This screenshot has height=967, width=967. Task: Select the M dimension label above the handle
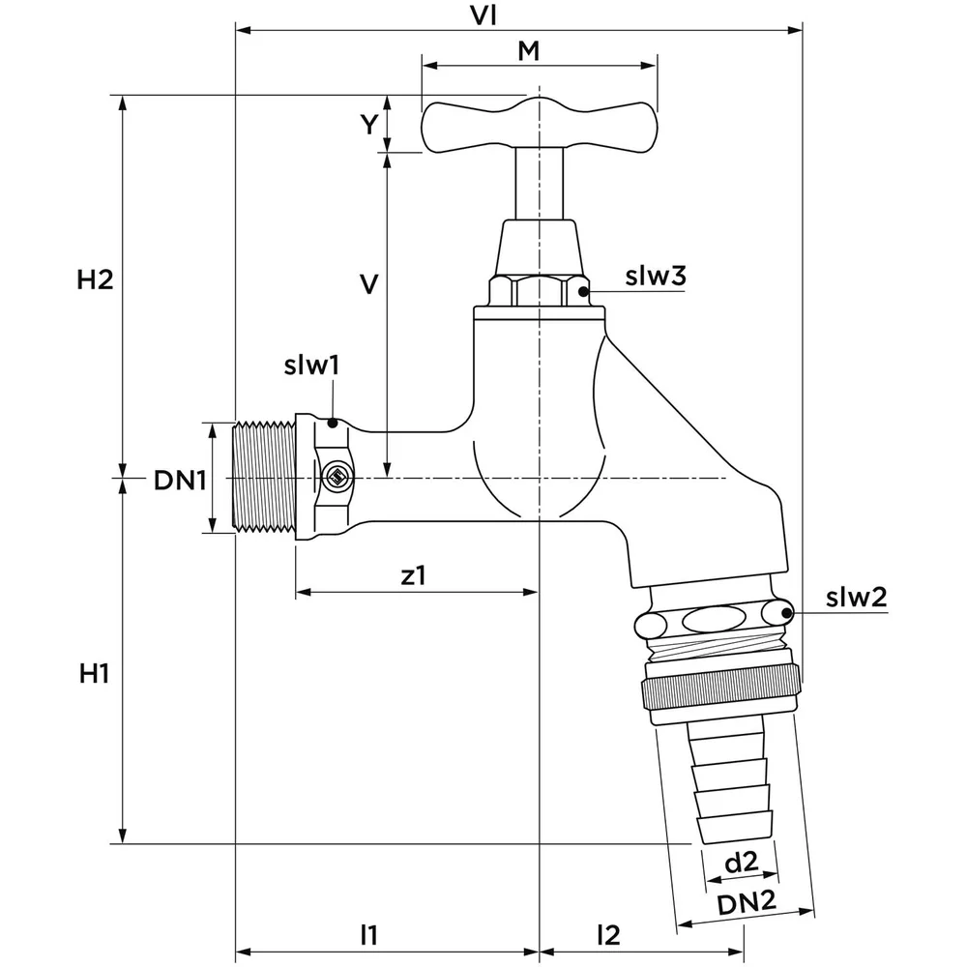click(x=528, y=51)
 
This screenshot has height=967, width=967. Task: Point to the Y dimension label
click(x=368, y=124)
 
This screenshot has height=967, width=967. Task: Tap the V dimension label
click(x=367, y=283)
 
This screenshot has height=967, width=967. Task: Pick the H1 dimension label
click(x=94, y=673)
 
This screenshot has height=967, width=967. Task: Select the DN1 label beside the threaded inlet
click(x=179, y=479)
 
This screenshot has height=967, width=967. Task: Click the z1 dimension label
click(x=413, y=575)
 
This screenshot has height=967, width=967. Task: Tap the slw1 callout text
click(x=311, y=366)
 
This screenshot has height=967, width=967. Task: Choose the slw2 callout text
click(x=856, y=597)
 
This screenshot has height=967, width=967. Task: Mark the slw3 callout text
click(x=655, y=276)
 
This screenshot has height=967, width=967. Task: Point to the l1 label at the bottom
click(x=367, y=934)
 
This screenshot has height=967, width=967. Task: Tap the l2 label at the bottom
click(x=607, y=934)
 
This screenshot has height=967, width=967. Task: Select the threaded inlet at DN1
click(x=264, y=477)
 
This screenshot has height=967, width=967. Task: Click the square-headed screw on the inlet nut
click(x=337, y=476)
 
